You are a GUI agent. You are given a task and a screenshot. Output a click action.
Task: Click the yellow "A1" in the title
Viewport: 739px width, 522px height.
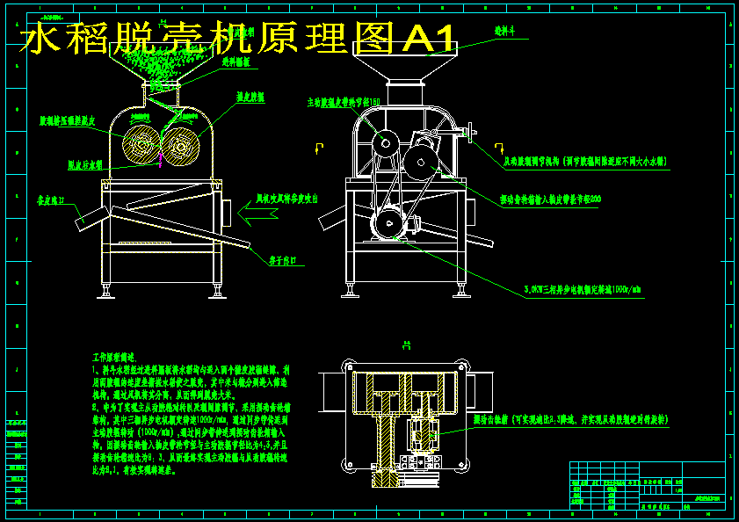pyautogui.click(x=430, y=40)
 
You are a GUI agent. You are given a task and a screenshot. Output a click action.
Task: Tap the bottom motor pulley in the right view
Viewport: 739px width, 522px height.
pyautogui.click(x=386, y=225)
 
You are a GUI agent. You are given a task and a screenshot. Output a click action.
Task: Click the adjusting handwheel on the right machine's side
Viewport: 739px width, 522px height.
pyautogui.click(x=472, y=135)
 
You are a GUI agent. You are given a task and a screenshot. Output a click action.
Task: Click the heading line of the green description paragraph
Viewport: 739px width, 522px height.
pyautogui.click(x=114, y=359)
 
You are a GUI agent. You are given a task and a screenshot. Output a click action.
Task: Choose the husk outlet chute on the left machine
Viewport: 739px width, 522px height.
pyautogui.click(x=89, y=221)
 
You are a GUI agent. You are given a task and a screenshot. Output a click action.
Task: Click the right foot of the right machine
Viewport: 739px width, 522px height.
pyautogui.click(x=461, y=288)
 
